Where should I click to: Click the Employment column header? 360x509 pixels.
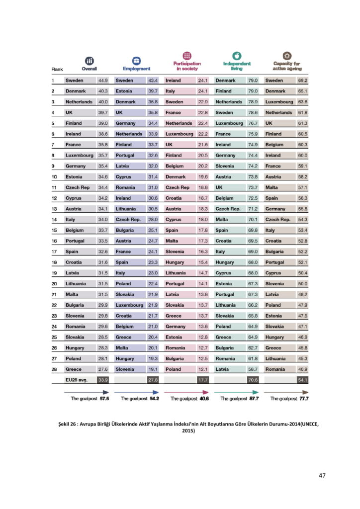click(x=137, y=68)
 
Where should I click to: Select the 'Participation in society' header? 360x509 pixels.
click(x=187, y=66)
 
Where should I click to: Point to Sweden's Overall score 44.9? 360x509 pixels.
click(x=103, y=81)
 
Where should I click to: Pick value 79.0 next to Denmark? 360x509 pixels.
click(x=253, y=81)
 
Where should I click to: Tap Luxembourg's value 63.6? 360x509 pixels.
click(x=302, y=102)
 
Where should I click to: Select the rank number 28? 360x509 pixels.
click(x=54, y=369)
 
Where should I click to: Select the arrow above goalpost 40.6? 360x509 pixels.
click(x=187, y=391)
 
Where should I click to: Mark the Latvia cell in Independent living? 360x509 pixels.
click(x=222, y=369)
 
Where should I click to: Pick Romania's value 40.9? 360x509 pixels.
click(x=302, y=369)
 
